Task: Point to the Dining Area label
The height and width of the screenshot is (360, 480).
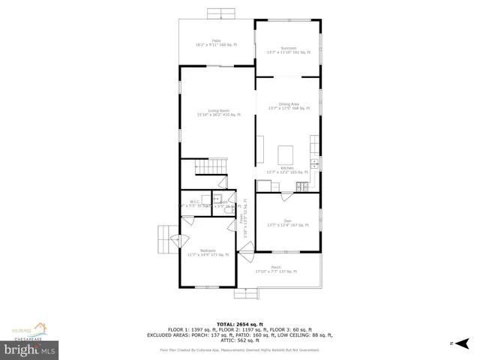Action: point(289,106)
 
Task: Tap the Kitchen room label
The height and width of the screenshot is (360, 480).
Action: point(287,169)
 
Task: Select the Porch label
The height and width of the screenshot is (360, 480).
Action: point(276,269)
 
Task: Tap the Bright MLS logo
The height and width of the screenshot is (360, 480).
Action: point(30,349)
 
